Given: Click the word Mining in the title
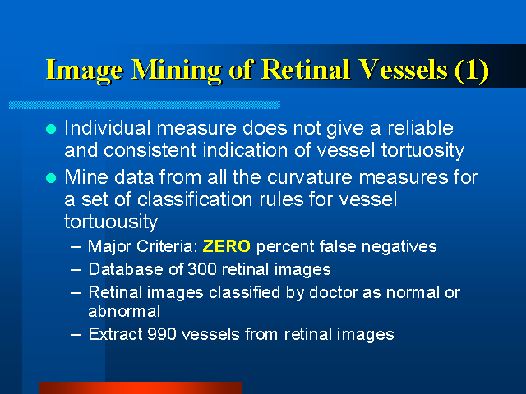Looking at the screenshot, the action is coord(177,71).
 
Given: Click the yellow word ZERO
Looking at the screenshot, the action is coord(227,246).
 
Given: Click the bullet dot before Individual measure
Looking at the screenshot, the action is coord(51,129).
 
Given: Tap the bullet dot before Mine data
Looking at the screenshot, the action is coord(51,178).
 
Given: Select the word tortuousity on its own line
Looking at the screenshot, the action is coord(111,222).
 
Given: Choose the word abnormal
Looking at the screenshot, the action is coord(124,311).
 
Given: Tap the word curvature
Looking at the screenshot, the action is coord(310,177).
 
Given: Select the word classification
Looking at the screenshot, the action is coord(195,199).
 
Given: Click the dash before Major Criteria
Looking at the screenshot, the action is coord(76,247).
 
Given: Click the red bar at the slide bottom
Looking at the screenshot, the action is coord(141,388).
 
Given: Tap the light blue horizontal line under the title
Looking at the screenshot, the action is coord(145,105).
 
